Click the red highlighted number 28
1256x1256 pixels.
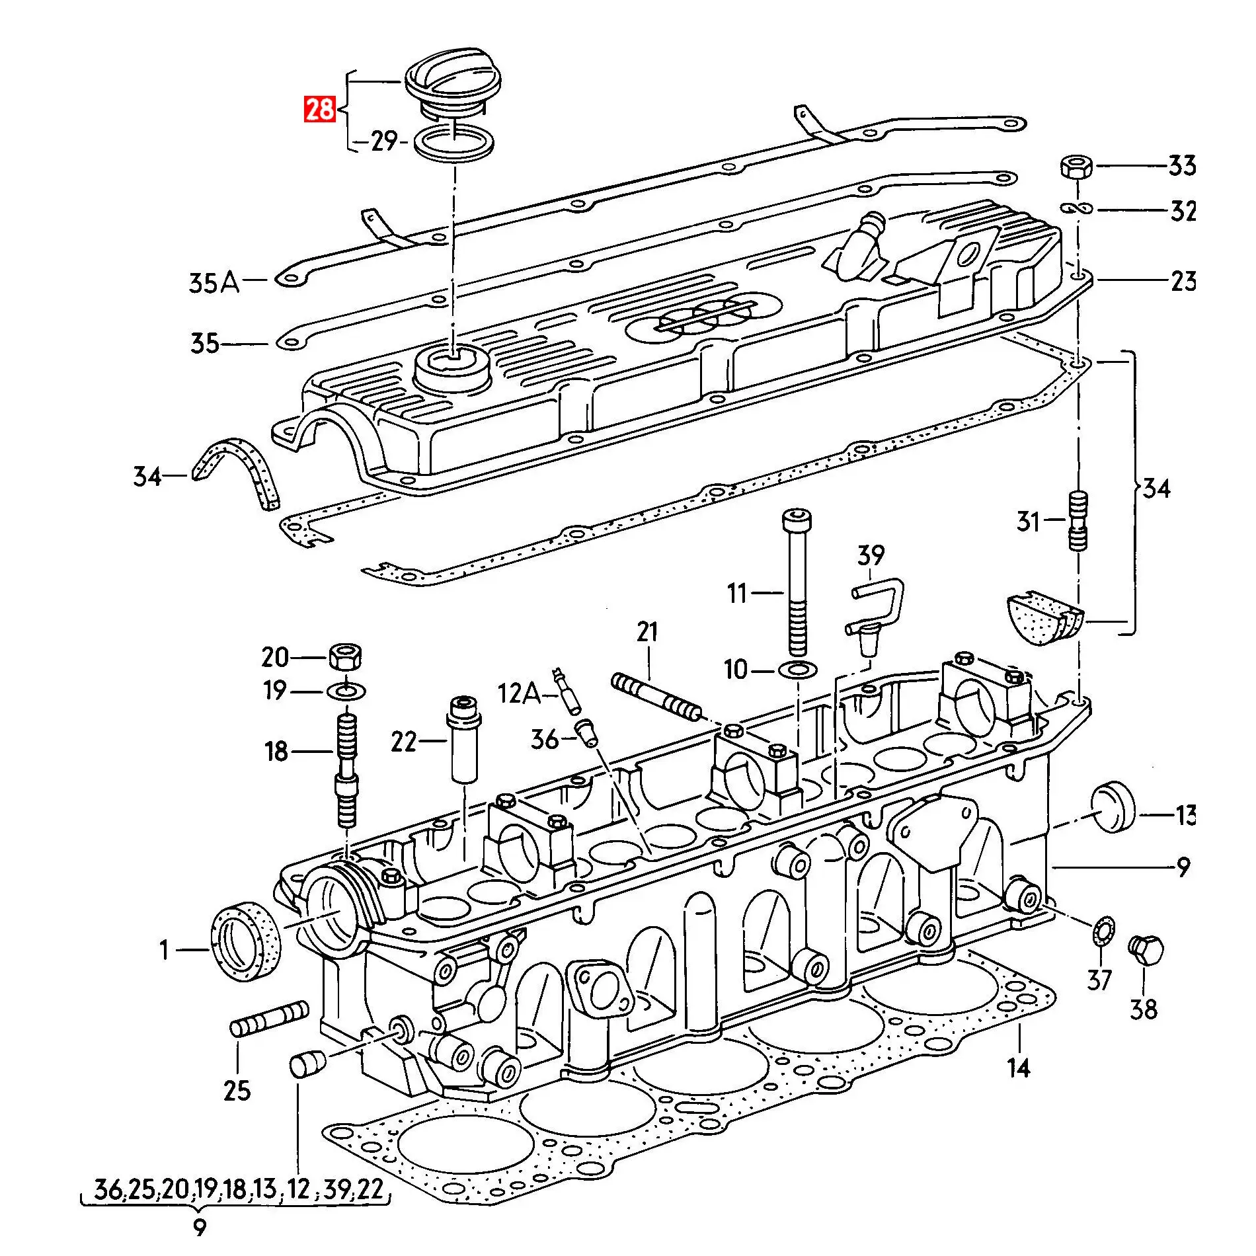click(320, 109)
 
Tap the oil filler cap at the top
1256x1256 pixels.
click(453, 83)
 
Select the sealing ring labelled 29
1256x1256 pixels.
click(453, 144)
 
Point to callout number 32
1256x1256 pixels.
click(1183, 212)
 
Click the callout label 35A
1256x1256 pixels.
click(214, 283)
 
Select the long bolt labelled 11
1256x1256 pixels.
click(797, 582)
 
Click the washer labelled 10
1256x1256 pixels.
click(798, 670)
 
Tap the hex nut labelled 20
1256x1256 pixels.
click(345, 656)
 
